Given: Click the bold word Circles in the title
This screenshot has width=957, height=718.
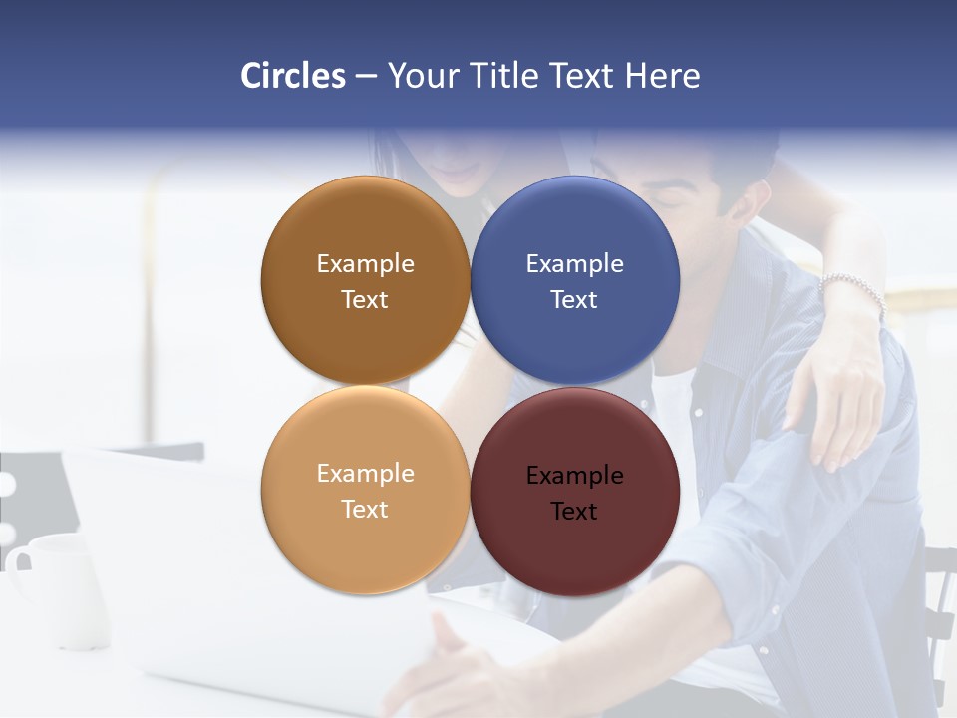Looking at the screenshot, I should coord(293,76).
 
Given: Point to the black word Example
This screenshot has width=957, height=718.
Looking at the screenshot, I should coord(575,476).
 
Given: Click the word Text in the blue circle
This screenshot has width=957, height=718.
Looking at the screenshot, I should coord(574,300).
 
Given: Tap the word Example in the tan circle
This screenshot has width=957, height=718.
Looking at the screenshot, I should coord(365,474).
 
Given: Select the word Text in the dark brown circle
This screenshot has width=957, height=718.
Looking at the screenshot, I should coord(365,300).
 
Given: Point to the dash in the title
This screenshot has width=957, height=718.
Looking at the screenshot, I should coord(366,77).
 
